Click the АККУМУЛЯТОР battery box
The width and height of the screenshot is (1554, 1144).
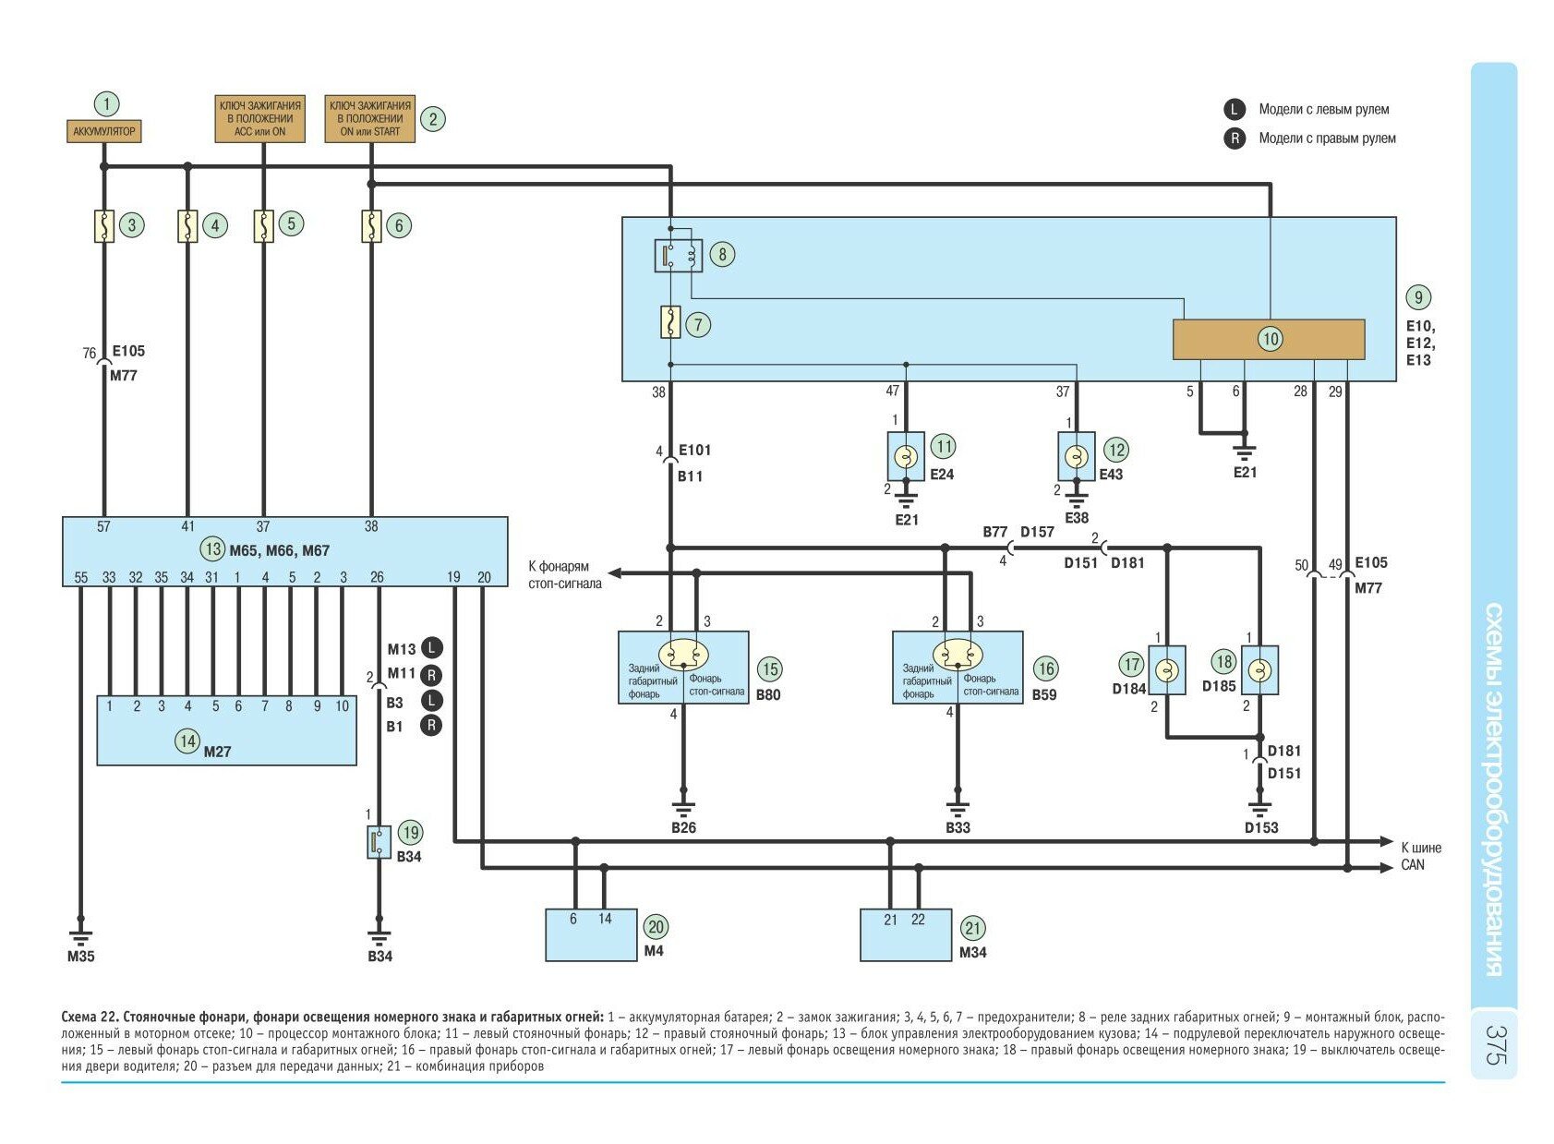pos(104,131)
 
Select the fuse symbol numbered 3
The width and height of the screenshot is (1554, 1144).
pos(104,226)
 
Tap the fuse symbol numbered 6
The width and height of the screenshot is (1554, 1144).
pos(371,226)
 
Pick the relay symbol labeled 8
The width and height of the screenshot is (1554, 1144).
pos(679,256)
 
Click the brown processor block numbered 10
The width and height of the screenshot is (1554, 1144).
pos(1268,339)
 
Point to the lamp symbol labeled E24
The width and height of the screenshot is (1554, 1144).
pos(906,456)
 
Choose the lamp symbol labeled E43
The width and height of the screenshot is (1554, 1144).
pos(1076,456)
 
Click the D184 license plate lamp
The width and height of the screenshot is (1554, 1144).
pos(1167,670)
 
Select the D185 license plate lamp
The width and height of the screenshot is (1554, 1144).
pos(1259,670)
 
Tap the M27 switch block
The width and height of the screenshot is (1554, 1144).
pos(226,730)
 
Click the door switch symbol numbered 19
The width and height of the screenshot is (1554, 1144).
pos(379,842)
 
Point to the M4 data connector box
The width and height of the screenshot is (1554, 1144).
pos(591,934)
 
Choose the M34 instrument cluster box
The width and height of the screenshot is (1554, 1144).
pos(906,934)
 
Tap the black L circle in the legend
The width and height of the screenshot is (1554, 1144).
pos(1235,110)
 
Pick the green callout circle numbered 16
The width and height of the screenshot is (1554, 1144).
pos(1045,668)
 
